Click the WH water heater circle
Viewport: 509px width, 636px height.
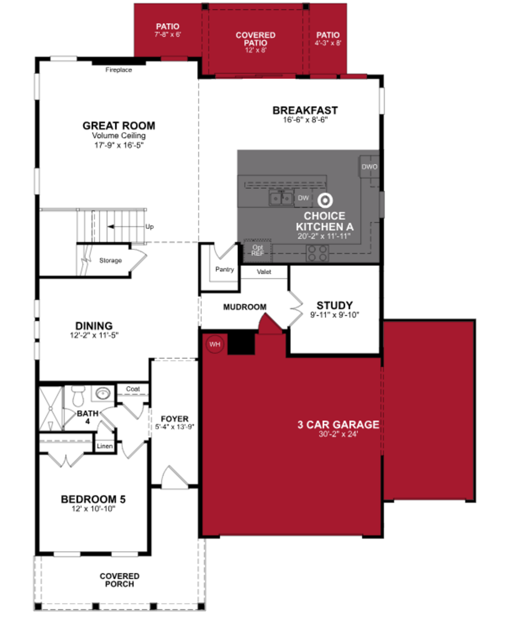215,344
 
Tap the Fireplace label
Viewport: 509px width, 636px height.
119,70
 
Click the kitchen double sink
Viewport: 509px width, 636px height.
281,198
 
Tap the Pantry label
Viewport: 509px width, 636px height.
224,269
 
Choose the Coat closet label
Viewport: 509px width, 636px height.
133,389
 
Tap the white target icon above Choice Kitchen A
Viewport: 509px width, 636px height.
325,200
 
